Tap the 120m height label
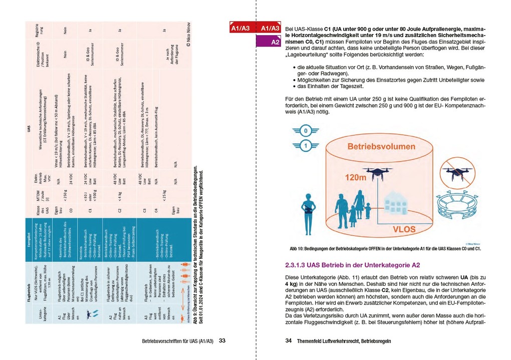coord(356,177)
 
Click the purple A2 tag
coord(275,43)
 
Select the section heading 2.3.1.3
coord(352,265)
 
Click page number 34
coord(289,341)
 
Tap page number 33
coord(222,341)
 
